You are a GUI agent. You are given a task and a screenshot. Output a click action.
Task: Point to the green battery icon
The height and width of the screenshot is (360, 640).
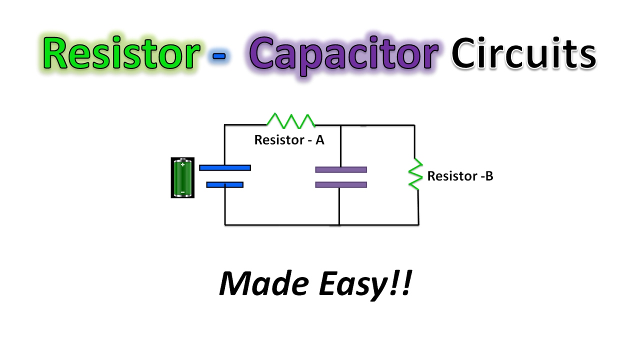[x=182, y=178]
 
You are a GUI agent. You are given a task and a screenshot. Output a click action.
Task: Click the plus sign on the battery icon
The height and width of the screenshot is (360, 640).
[x=182, y=164]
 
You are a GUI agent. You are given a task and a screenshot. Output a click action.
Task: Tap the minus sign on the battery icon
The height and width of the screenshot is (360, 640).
[x=182, y=191]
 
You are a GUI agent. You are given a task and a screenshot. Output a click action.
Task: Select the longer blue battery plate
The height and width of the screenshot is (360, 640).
[x=225, y=168]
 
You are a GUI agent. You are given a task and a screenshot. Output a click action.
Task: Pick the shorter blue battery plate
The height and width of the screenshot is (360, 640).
[x=225, y=184]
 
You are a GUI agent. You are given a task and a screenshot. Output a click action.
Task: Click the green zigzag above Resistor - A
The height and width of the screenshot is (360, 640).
[x=291, y=120]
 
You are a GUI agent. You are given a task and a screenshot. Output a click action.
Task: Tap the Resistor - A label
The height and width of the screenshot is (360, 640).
[x=289, y=140]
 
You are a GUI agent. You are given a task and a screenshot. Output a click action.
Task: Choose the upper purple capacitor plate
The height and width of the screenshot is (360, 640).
[x=341, y=169]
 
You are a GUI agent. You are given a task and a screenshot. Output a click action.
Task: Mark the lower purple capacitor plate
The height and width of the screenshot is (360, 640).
[x=341, y=184]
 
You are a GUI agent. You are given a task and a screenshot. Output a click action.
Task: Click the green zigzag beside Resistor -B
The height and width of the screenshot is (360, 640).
[x=415, y=174]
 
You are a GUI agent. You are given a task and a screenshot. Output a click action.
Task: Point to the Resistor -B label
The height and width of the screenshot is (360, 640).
[x=460, y=176]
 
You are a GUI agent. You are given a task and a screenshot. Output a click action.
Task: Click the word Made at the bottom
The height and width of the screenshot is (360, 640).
[x=262, y=284]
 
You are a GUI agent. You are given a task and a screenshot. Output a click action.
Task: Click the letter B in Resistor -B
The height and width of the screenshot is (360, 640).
[x=489, y=176]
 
